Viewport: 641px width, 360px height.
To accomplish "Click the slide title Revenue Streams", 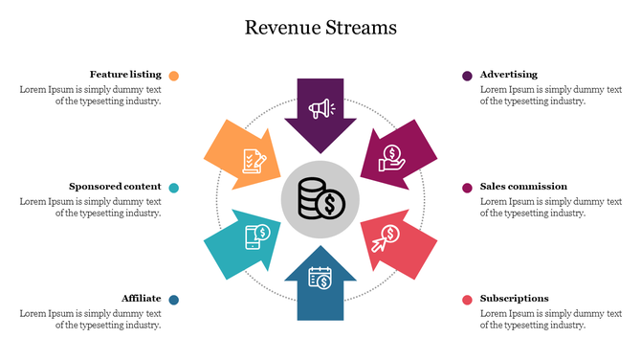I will [x=320, y=27].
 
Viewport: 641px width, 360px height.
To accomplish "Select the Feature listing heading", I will [x=125, y=75].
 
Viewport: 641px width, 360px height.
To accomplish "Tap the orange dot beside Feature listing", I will [x=173, y=76].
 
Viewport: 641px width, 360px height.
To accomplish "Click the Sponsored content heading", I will [x=115, y=187].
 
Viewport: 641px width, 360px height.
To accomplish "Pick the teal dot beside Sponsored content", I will [x=173, y=188].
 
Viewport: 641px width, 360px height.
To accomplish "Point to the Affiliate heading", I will [x=141, y=299].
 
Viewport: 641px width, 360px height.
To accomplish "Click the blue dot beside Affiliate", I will [x=173, y=300].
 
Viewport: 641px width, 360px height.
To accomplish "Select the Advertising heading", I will [x=509, y=75].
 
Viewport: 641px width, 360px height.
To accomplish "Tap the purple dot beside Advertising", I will [x=467, y=76].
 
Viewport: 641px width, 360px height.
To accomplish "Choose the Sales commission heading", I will [x=523, y=187].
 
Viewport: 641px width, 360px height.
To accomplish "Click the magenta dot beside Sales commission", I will [x=467, y=188].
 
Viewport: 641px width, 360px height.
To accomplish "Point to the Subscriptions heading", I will [x=515, y=299].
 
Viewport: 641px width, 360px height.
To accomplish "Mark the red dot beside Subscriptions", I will [x=467, y=300].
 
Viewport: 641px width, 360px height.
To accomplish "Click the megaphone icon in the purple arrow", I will [x=320, y=107].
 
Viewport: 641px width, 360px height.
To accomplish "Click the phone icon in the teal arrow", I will [x=257, y=236].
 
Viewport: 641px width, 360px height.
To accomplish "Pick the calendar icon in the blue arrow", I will [x=320, y=278].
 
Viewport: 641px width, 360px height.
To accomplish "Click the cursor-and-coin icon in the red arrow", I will [x=386, y=236].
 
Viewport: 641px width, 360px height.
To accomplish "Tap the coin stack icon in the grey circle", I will [x=320, y=201].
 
